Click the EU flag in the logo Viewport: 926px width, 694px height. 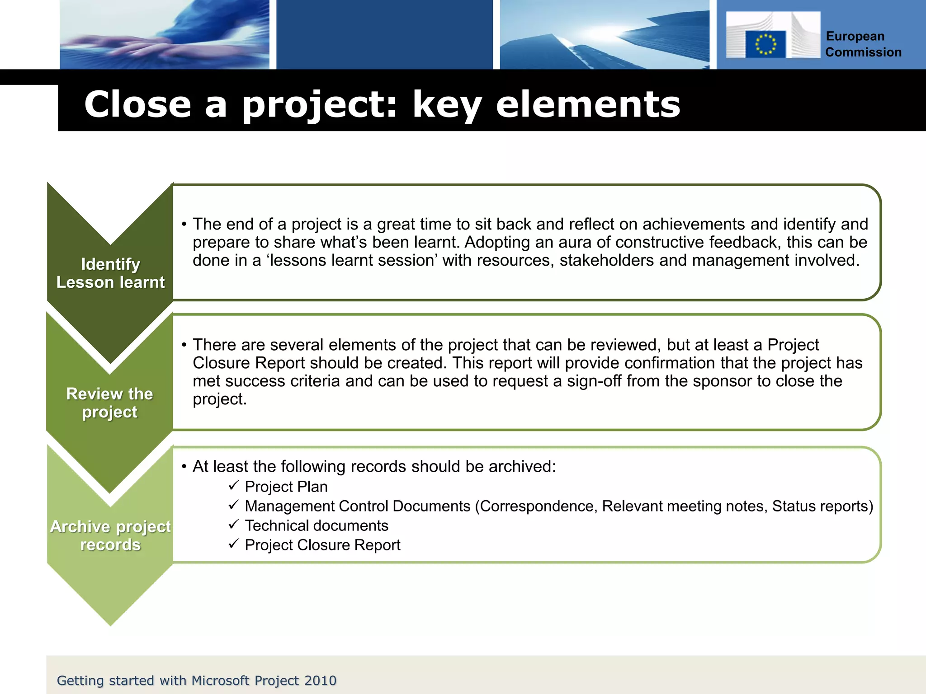(x=765, y=44)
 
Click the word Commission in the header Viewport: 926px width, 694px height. (x=863, y=52)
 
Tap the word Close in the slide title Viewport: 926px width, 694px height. (x=137, y=104)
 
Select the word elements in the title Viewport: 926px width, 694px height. (x=588, y=104)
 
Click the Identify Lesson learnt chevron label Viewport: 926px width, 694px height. (x=110, y=273)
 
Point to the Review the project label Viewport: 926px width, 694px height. (x=110, y=403)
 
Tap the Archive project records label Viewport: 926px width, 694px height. (x=110, y=536)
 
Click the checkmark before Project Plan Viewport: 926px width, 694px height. (x=233, y=486)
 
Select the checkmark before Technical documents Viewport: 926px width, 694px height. (x=233, y=525)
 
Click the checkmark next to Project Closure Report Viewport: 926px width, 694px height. (x=233, y=544)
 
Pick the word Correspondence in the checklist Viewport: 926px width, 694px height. (x=536, y=506)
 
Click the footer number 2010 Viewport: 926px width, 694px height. (x=320, y=680)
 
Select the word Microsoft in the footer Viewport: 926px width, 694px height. (x=220, y=680)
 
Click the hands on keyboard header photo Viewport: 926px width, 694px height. (x=165, y=34)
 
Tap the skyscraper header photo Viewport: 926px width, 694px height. (x=604, y=34)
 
